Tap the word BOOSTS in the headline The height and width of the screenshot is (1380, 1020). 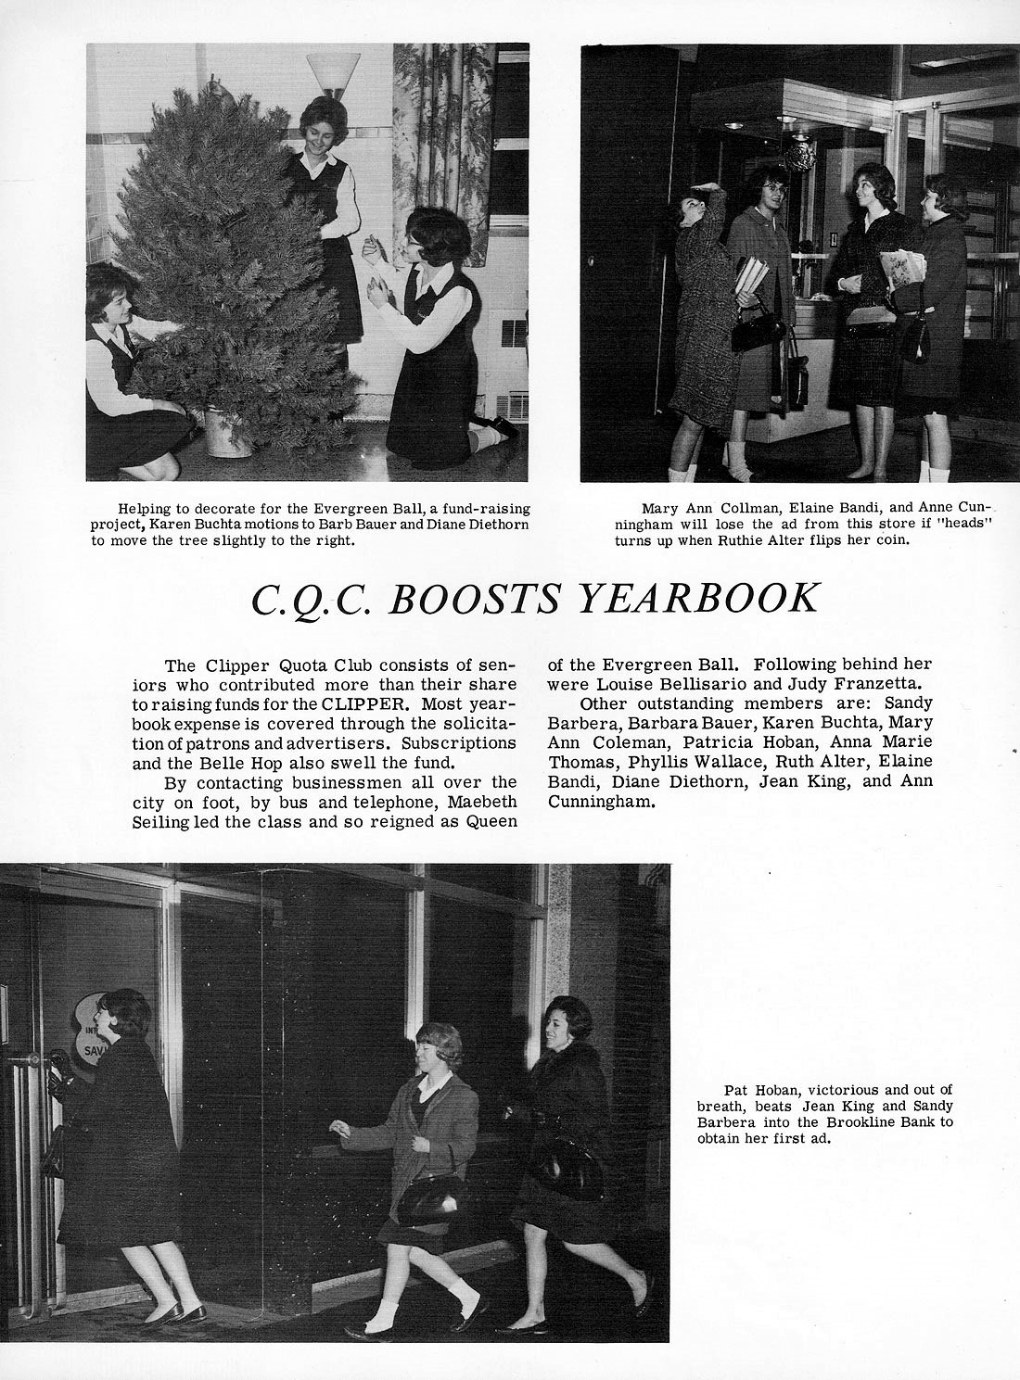[474, 600]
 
